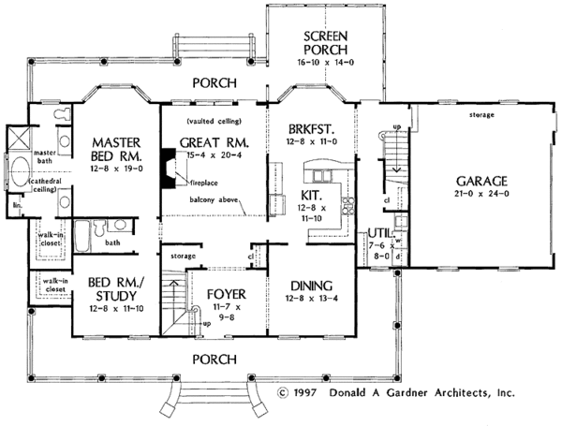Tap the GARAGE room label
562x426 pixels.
(x=481, y=181)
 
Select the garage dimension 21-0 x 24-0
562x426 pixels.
(x=481, y=196)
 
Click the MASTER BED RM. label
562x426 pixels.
(x=115, y=150)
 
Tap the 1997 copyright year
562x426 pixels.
(x=304, y=394)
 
